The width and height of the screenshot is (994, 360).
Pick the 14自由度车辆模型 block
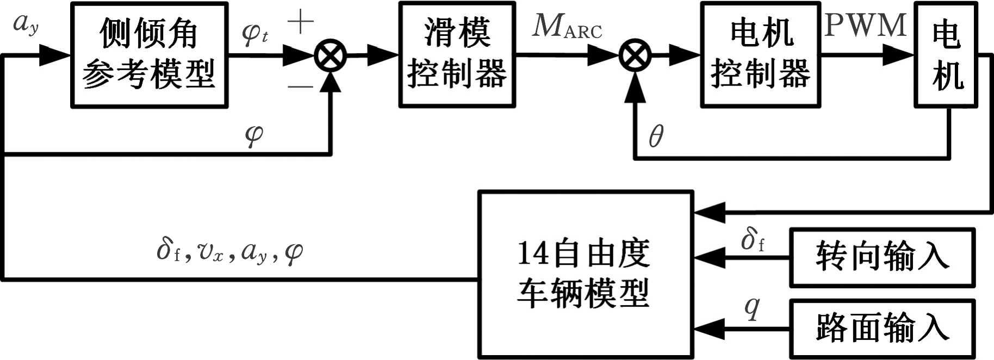585,275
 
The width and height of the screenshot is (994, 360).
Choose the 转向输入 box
881,258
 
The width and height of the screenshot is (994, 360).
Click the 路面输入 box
881,328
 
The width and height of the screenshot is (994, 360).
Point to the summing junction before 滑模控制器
331,55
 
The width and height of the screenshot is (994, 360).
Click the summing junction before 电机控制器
635,55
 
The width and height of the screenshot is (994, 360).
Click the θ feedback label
656,136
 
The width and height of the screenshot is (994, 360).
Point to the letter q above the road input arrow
751,308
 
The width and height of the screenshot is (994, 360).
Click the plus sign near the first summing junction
301,22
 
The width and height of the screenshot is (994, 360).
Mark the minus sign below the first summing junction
300,86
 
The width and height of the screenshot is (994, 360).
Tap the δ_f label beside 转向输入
753,239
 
